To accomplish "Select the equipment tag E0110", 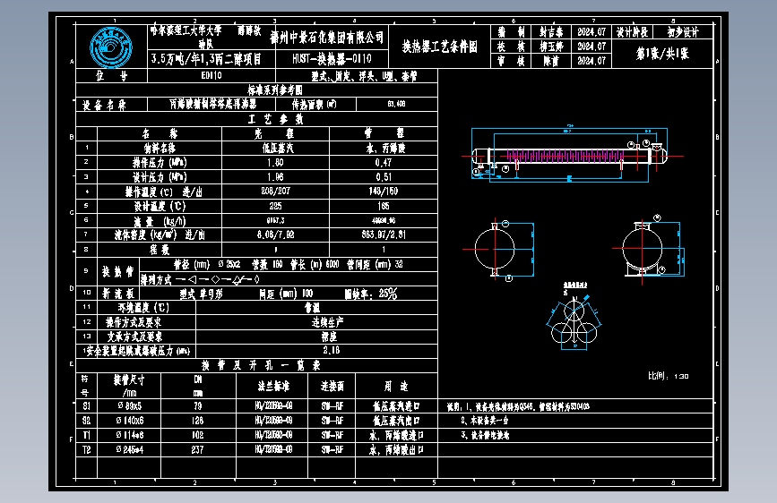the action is (187, 77).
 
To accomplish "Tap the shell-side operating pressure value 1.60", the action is (275, 163).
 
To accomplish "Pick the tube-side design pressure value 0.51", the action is (384, 177).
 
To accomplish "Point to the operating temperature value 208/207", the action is (275, 192).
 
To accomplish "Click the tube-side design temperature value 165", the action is (384, 206).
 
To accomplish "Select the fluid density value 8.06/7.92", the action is (275, 234).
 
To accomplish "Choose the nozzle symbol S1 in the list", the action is (86, 405).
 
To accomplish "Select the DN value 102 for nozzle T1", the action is (198, 435).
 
